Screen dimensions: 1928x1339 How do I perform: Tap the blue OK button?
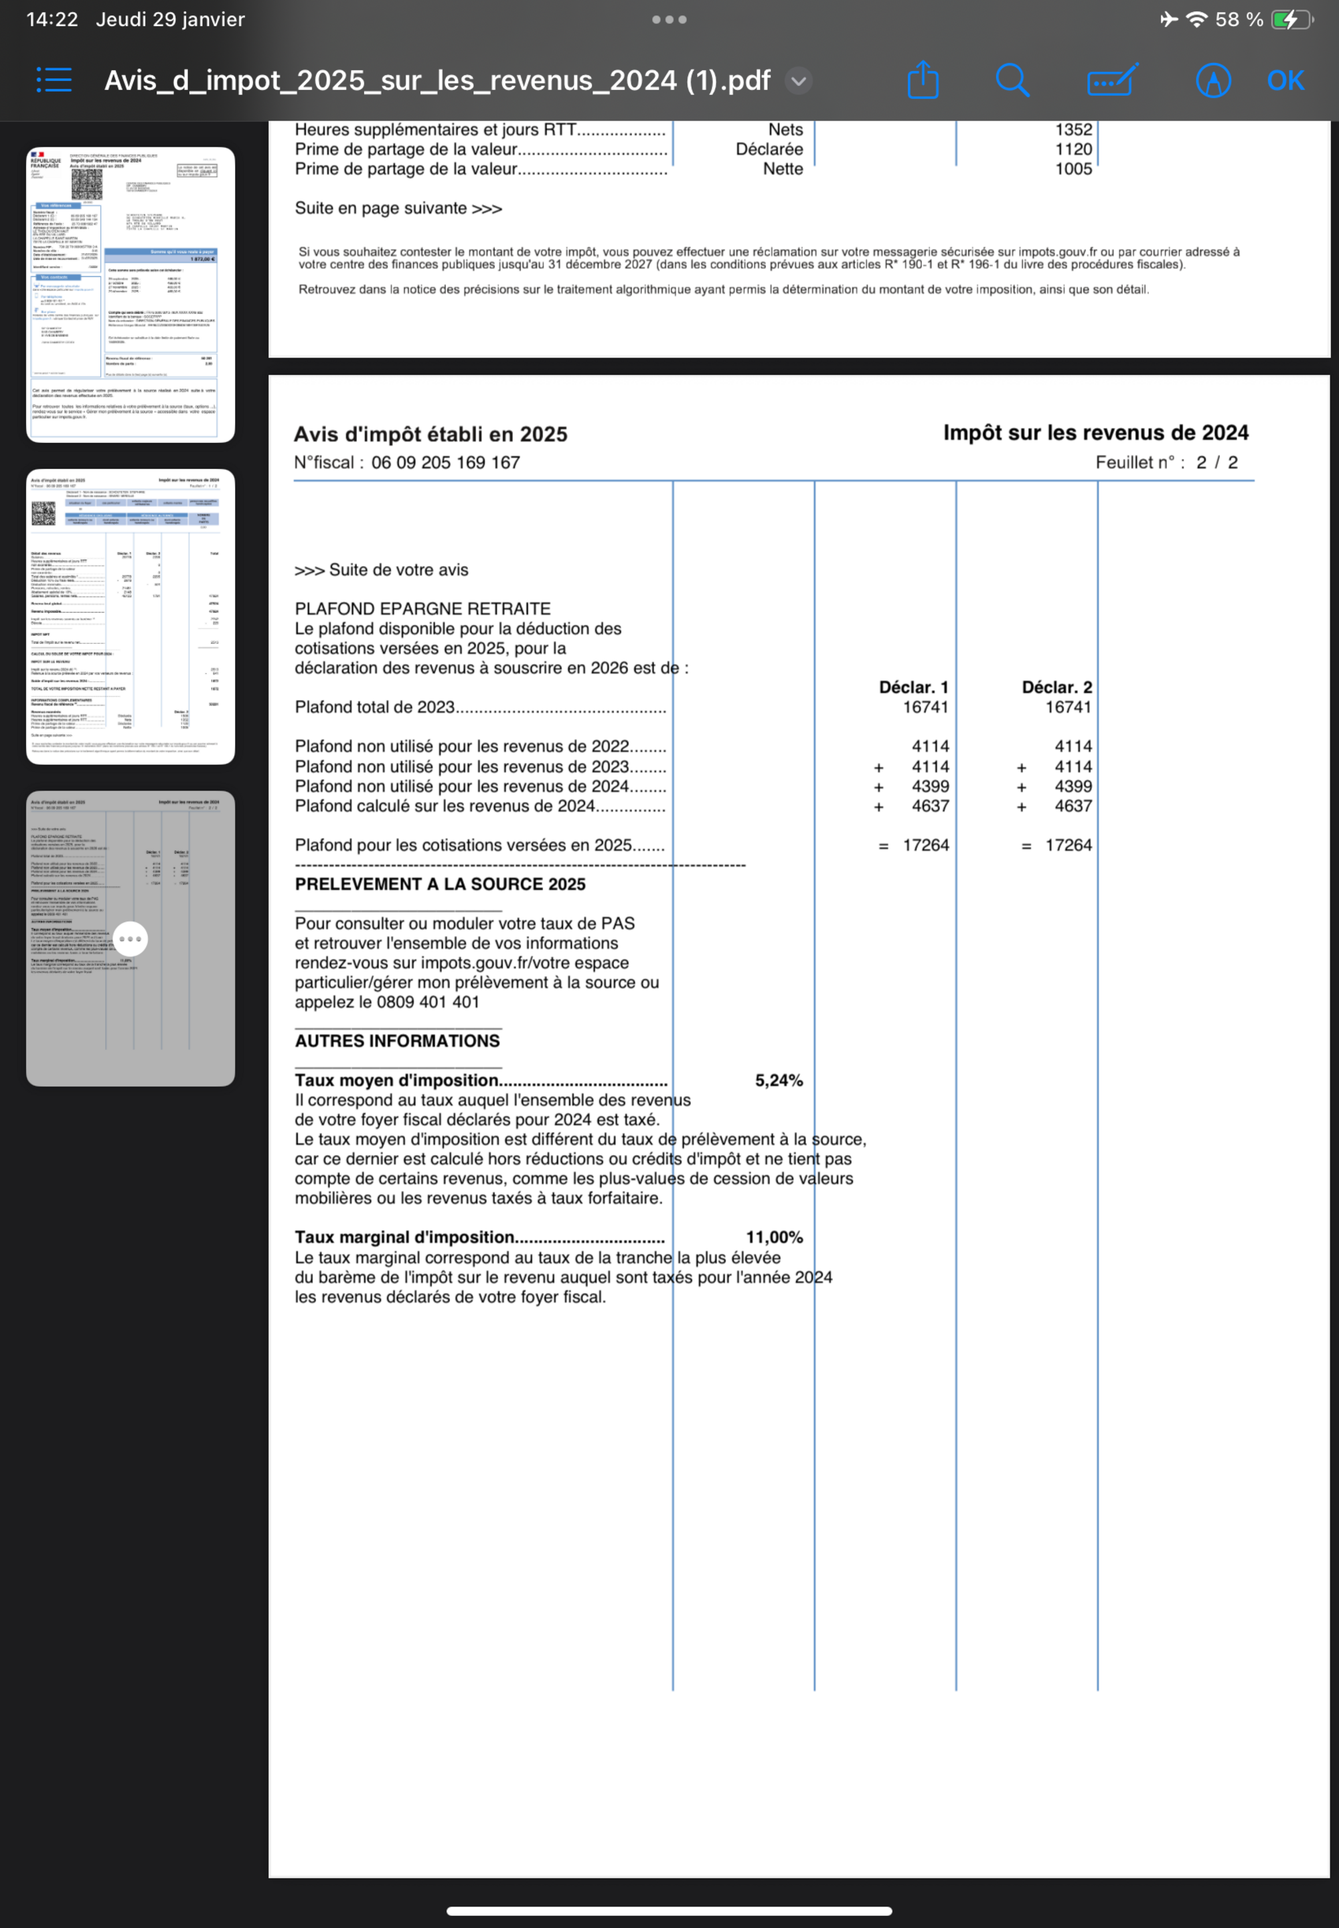click(1285, 80)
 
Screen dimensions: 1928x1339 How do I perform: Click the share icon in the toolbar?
click(923, 80)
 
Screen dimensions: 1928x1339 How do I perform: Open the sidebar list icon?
click(54, 80)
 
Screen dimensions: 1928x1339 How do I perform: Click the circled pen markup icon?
click(1212, 80)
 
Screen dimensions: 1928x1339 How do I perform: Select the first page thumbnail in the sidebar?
click(130, 295)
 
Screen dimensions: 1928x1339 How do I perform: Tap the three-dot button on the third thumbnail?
click(130, 939)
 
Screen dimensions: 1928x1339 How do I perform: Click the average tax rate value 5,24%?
click(778, 1081)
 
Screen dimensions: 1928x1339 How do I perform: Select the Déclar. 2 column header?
click(1056, 687)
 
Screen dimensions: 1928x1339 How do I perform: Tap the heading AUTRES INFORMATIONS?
click(397, 1041)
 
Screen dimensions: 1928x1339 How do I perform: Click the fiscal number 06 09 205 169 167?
click(445, 462)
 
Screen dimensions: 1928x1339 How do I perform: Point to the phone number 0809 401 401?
click(428, 1002)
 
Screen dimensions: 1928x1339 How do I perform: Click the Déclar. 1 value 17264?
click(925, 845)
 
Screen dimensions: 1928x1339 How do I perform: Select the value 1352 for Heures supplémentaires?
click(1073, 129)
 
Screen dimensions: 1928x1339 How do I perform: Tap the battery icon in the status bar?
click(1289, 19)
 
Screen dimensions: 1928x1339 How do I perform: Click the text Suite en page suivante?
click(398, 208)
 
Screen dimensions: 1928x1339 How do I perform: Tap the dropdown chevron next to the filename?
click(799, 80)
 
